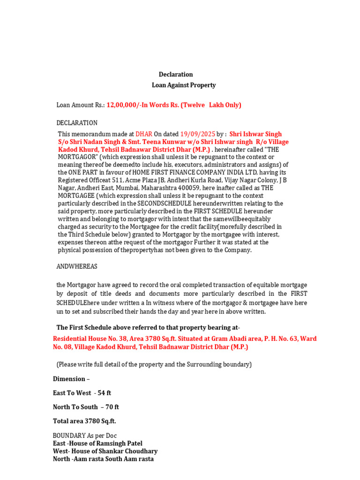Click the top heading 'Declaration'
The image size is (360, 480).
176,75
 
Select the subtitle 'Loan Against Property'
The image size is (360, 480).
184,85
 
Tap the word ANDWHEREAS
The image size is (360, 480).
77,266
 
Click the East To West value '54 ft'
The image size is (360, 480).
104,393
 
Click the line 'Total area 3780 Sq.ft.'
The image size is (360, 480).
84,421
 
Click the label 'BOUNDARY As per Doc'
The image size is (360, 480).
84,435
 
